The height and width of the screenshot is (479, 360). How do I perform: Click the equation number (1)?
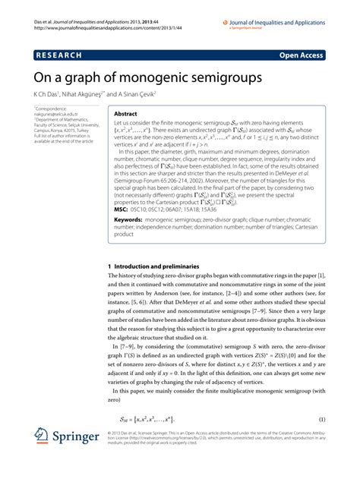click(x=321, y=420)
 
